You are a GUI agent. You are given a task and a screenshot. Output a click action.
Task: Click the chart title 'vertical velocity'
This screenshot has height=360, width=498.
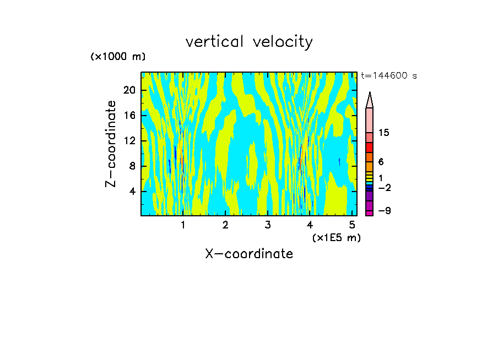point(249,42)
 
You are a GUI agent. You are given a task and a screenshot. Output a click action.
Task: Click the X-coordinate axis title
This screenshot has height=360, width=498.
point(249,254)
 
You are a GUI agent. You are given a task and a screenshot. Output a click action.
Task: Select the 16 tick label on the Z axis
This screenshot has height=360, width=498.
point(129,116)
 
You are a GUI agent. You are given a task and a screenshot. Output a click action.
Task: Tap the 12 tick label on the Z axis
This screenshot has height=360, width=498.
point(129,141)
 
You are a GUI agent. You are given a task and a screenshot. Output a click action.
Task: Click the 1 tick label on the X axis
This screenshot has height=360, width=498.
point(183,225)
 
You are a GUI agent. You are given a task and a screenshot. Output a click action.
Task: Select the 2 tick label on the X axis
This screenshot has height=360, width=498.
point(225,225)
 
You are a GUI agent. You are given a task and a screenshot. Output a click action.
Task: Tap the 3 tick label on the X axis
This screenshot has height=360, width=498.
point(268,225)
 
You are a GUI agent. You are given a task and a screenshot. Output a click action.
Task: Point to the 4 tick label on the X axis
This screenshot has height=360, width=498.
point(310,225)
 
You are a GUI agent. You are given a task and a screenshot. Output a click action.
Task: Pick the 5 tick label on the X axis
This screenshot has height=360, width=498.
point(352,225)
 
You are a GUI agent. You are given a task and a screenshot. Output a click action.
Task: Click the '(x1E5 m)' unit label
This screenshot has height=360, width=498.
point(336,238)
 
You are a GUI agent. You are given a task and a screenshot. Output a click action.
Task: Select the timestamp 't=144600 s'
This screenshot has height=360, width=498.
point(388,76)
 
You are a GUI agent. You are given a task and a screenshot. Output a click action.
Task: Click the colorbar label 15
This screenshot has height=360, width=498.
point(385,133)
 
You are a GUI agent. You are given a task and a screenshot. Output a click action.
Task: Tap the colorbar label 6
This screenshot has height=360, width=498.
point(381,162)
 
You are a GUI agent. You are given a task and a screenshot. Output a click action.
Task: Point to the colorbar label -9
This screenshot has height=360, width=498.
point(384,211)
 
